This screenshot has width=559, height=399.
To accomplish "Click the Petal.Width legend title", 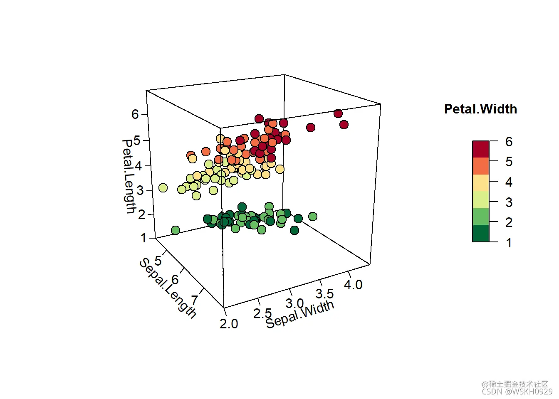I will click(x=480, y=109).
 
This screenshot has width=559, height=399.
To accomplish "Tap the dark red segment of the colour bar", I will click(x=481, y=149).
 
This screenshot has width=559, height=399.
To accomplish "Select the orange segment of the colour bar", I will click(x=481, y=166).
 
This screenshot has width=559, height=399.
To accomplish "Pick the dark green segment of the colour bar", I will click(x=481, y=233).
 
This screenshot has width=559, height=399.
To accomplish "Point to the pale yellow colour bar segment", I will click(x=481, y=183).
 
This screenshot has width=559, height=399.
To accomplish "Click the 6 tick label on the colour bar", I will click(x=509, y=142).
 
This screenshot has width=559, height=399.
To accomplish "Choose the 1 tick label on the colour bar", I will click(x=509, y=243).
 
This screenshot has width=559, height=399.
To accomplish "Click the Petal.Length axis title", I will click(x=129, y=176).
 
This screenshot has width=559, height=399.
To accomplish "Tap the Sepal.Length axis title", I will click(x=167, y=288).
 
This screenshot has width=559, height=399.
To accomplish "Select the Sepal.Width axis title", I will click(x=299, y=314).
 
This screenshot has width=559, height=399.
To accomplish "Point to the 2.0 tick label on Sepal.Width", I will click(x=229, y=323).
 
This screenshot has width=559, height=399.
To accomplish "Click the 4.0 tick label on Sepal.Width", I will click(x=353, y=285).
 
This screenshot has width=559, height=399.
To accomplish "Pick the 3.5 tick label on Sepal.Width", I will click(x=324, y=294).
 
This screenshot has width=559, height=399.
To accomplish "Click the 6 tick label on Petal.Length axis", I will click(x=135, y=114).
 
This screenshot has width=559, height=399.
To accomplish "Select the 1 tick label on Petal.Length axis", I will click(x=143, y=238).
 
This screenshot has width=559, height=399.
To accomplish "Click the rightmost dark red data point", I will click(x=344, y=125).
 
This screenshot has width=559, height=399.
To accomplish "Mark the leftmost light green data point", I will click(x=176, y=230).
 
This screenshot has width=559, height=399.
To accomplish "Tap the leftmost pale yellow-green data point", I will click(x=163, y=188).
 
